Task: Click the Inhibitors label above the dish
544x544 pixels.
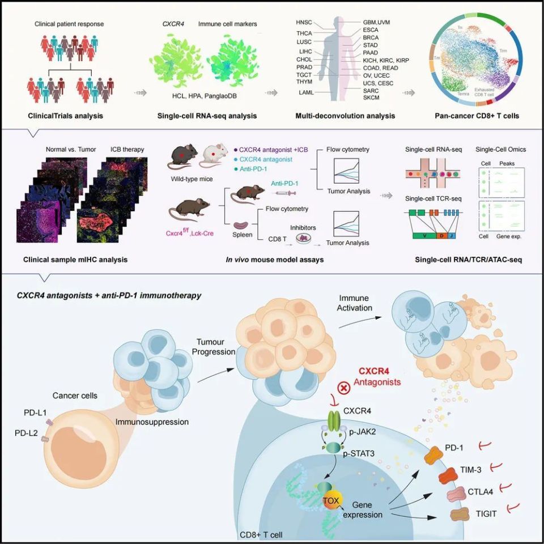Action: pos(303,227)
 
